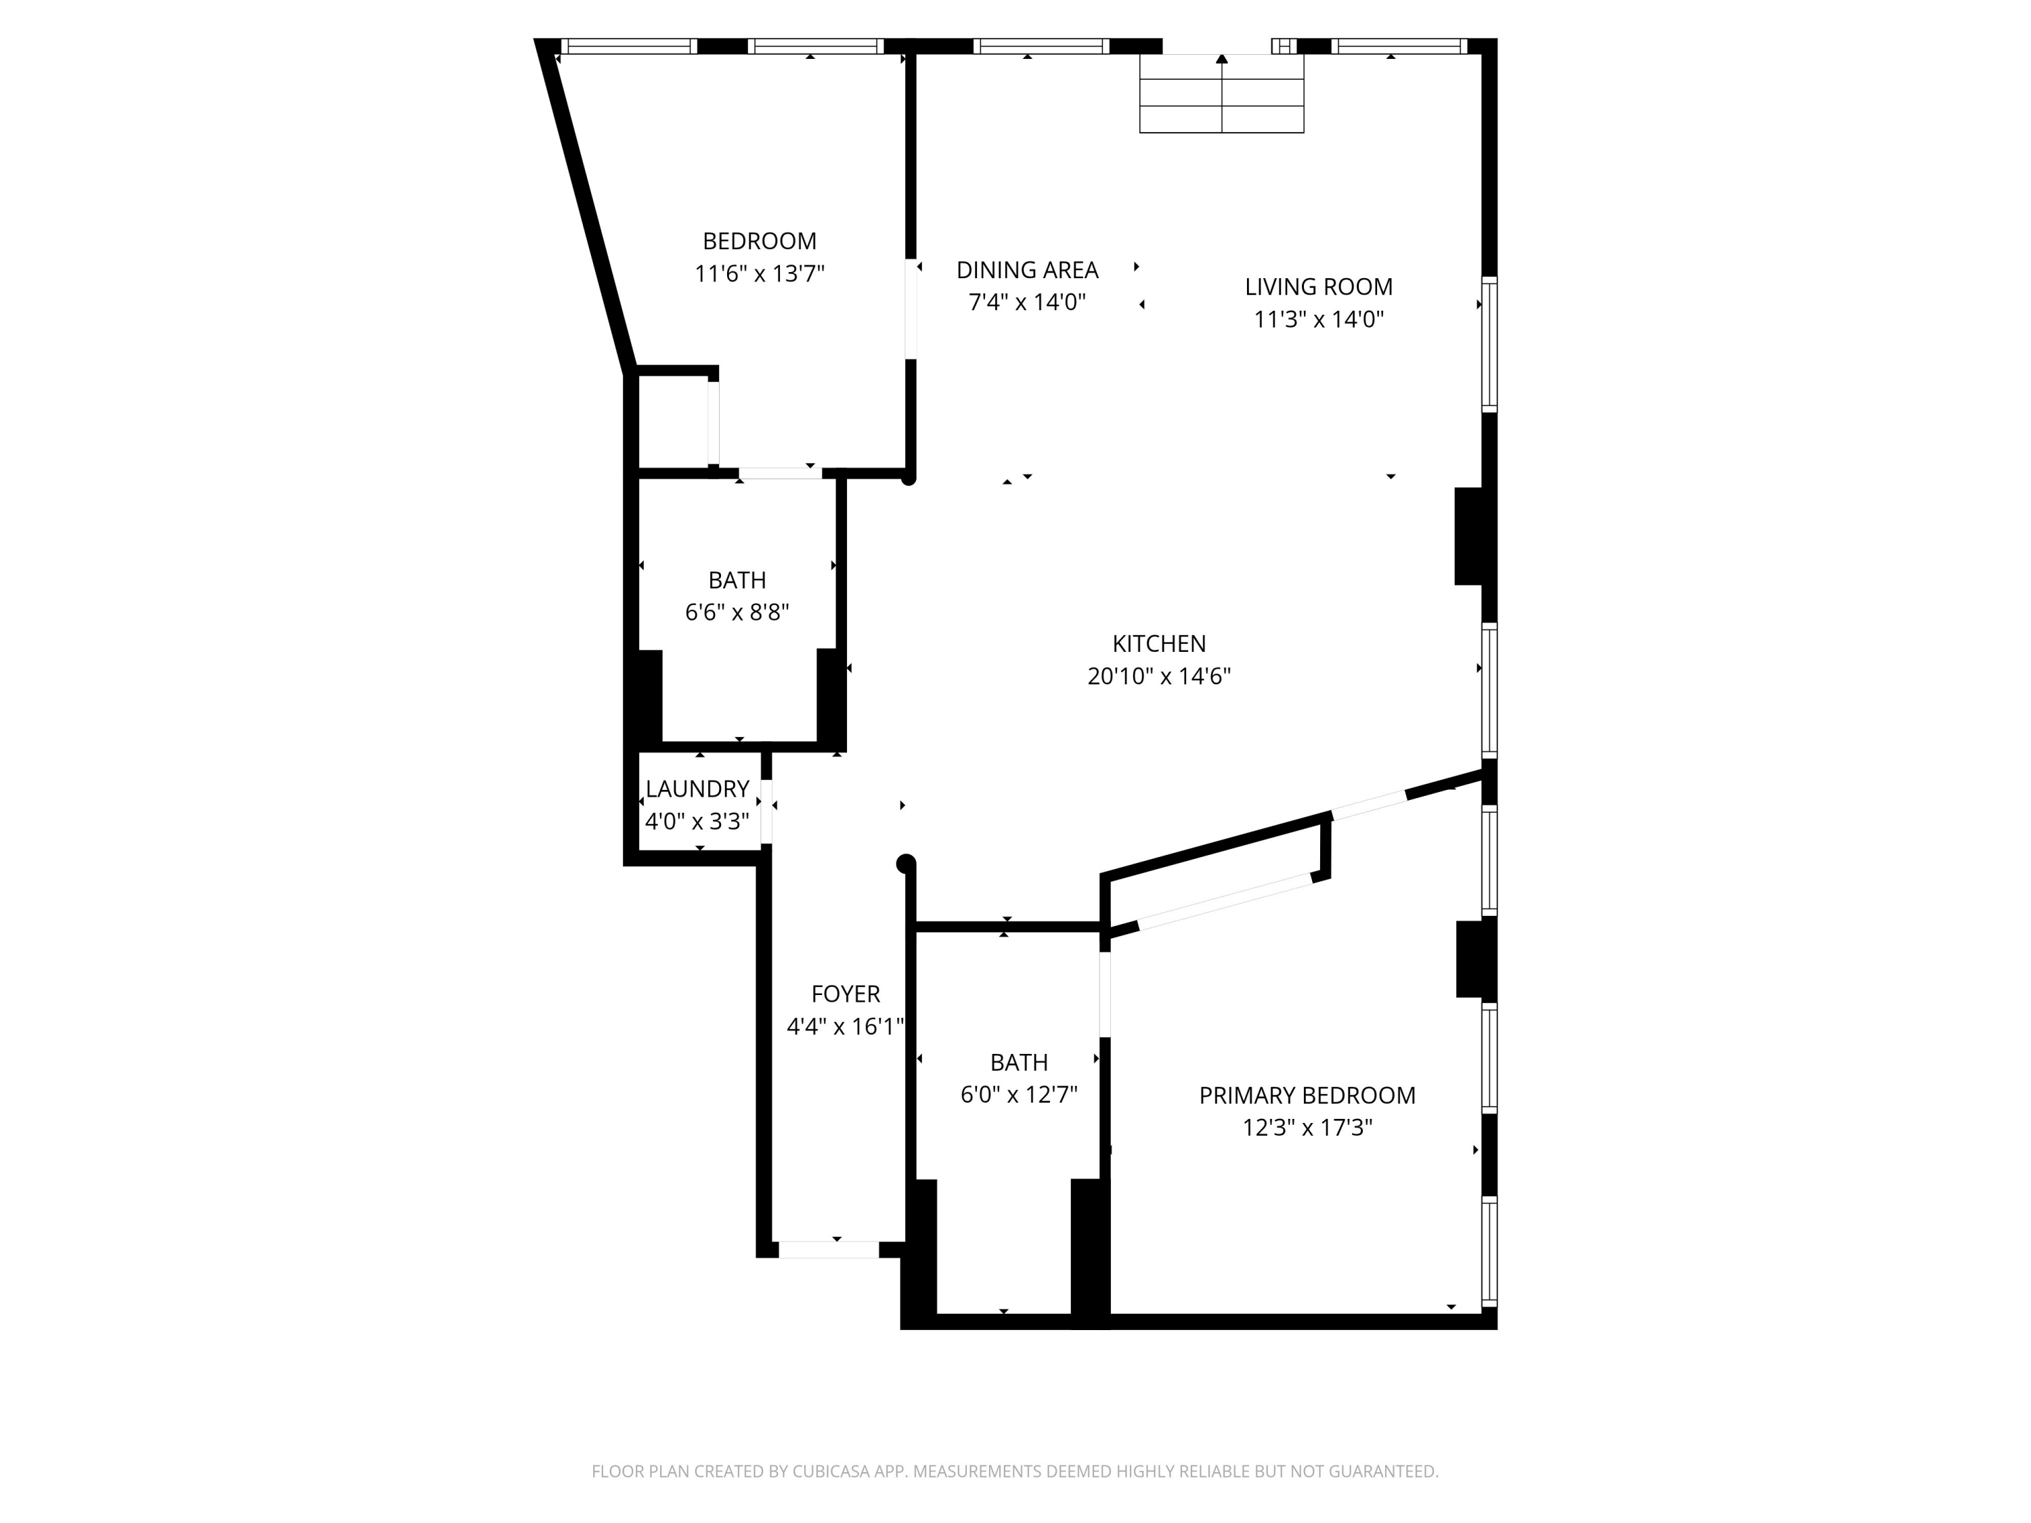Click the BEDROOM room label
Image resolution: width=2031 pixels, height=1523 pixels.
coord(760,242)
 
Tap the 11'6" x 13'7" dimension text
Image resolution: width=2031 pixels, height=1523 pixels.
coord(760,273)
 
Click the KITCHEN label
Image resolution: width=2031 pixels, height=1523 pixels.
coord(1159,644)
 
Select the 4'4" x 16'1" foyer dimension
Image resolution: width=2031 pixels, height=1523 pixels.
coord(846,1026)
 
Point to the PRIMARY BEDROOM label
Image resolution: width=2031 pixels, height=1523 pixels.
coord(1307,1095)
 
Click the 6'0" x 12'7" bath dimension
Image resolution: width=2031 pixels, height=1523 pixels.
coord(1018,1095)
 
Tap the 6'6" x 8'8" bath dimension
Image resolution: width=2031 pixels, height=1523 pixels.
coord(737,613)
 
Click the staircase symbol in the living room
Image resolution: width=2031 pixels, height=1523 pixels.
coord(1221,93)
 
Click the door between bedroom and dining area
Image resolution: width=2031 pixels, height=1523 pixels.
coord(911,309)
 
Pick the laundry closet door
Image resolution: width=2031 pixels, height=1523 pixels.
coord(766,811)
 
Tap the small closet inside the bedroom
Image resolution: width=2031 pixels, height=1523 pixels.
coord(673,422)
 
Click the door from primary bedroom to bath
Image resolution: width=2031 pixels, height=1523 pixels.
coord(1106,994)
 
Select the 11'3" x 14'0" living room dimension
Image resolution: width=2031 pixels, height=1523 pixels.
coord(1319,319)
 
